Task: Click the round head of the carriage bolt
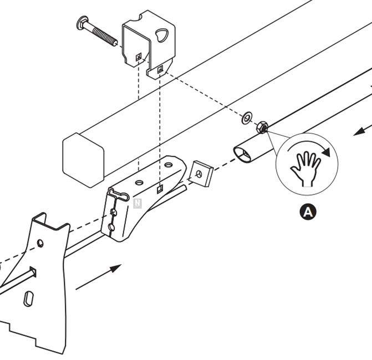click(83, 23)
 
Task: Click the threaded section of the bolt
click(105, 36)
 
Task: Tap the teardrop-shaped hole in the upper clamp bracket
click(162, 35)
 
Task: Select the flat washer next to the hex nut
click(247, 117)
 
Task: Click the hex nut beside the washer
click(262, 127)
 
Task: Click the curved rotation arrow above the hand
click(309, 147)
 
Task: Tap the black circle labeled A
click(308, 212)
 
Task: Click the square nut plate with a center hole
click(201, 174)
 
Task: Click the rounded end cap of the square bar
click(83, 160)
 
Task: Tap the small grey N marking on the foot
click(137, 203)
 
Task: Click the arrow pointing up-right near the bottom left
click(99, 277)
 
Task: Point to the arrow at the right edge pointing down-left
click(363, 131)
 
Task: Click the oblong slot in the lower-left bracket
click(28, 299)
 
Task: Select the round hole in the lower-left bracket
click(40, 243)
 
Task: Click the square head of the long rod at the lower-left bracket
click(33, 272)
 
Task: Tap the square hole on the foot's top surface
click(160, 189)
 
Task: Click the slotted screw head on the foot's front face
click(114, 212)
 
